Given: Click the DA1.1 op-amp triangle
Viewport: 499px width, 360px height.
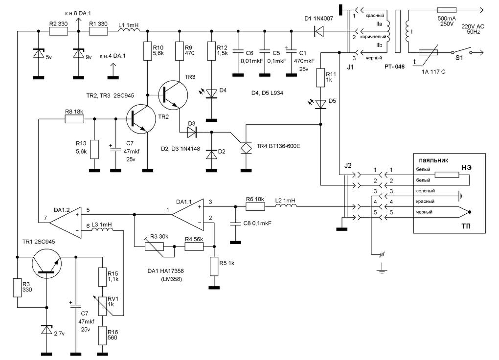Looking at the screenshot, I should [187, 215].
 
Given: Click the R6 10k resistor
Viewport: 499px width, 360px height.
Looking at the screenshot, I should [255, 207].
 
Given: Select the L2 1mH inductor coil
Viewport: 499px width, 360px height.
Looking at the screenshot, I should [285, 207].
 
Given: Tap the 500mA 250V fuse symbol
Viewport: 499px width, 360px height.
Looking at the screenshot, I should [446, 10].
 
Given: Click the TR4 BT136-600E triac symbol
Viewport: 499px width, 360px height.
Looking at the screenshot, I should [246, 147].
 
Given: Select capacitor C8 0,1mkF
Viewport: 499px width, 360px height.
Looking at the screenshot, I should [235, 223].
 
